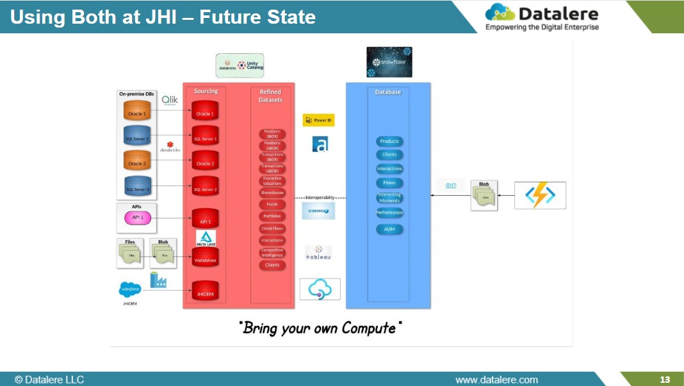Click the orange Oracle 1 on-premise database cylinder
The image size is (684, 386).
136,112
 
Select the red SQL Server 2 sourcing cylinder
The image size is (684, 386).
205,188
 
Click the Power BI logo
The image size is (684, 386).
318,120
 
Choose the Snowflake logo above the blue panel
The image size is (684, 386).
389,62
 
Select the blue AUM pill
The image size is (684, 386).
389,229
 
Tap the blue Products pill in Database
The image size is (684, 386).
389,141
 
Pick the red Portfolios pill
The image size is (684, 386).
272,216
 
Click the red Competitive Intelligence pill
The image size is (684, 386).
272,253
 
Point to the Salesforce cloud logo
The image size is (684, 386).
130,290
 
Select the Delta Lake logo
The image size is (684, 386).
206,239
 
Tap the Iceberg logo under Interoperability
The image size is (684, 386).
318,211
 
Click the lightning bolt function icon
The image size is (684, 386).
540,195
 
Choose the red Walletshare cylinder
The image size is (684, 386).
205,259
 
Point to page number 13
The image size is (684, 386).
665,380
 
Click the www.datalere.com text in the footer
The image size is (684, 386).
496,380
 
